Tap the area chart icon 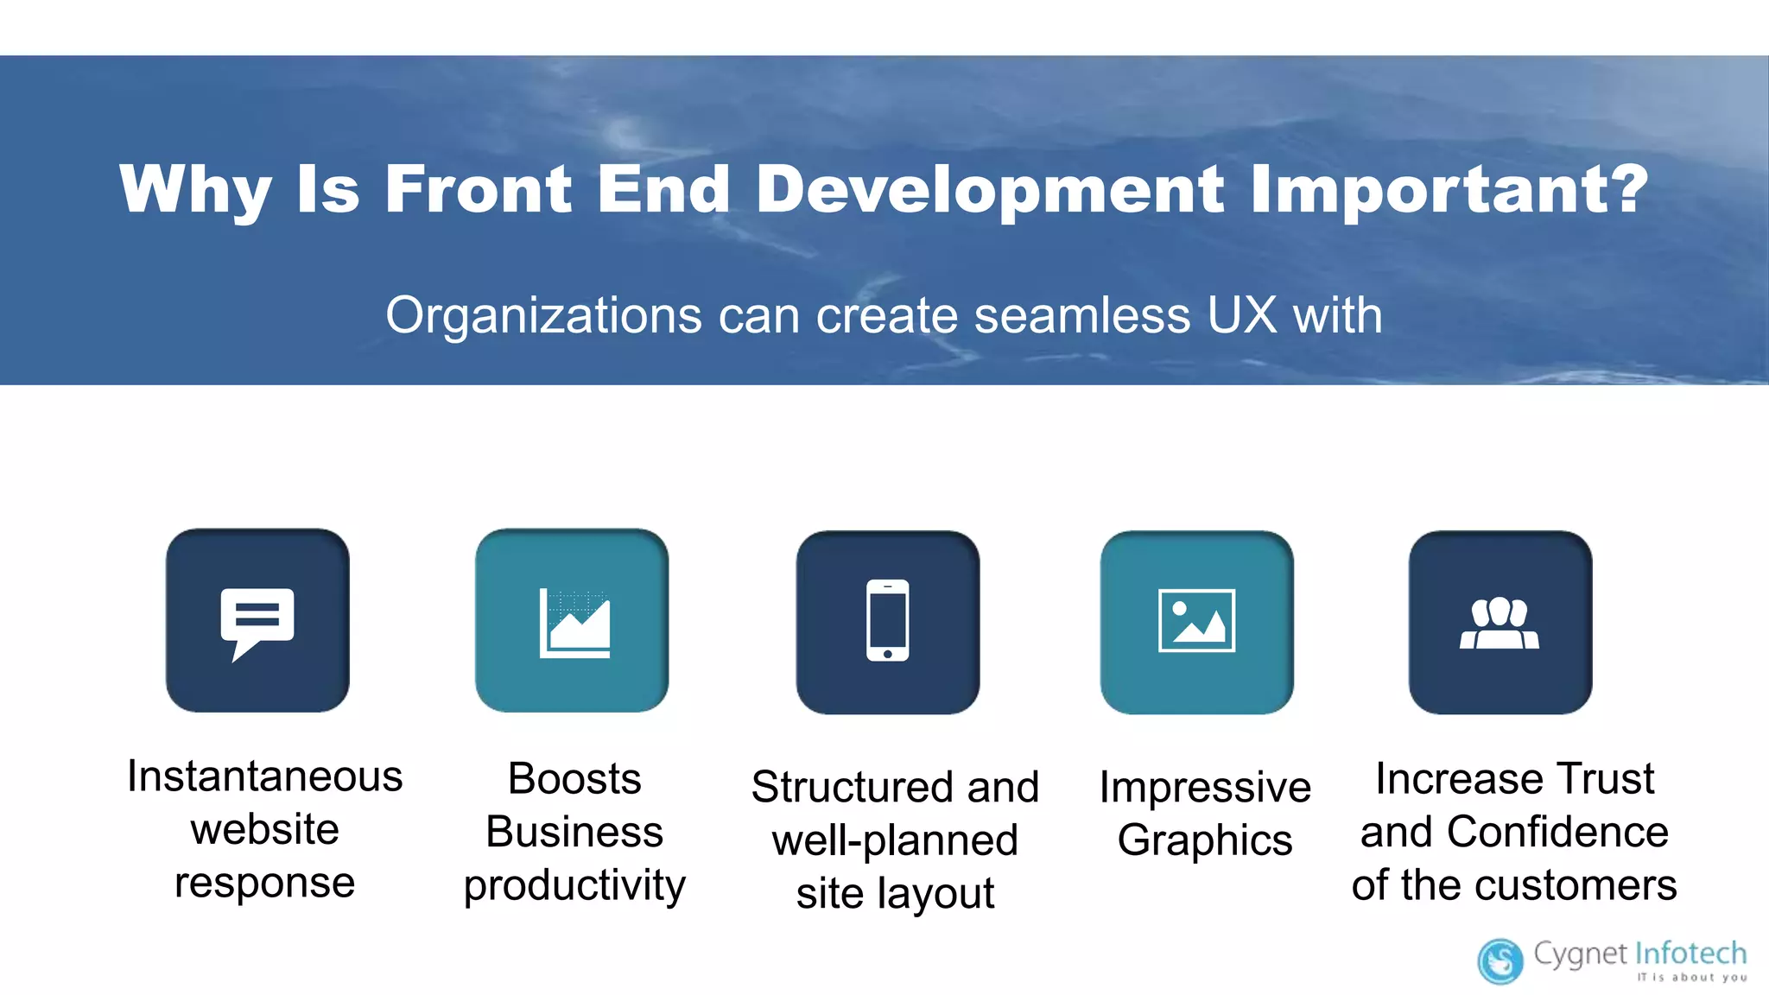574,623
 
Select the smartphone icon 888,620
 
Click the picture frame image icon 1196,621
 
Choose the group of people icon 1500,623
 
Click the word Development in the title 990,190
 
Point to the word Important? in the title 1449,190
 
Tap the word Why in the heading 195,190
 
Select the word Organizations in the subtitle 543,315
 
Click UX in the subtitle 1241,315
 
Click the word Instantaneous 264,776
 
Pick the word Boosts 574,778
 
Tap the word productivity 574,885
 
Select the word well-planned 895,840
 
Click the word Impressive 1205,787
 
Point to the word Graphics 1205,840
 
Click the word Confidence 1557,832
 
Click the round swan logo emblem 1500,960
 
